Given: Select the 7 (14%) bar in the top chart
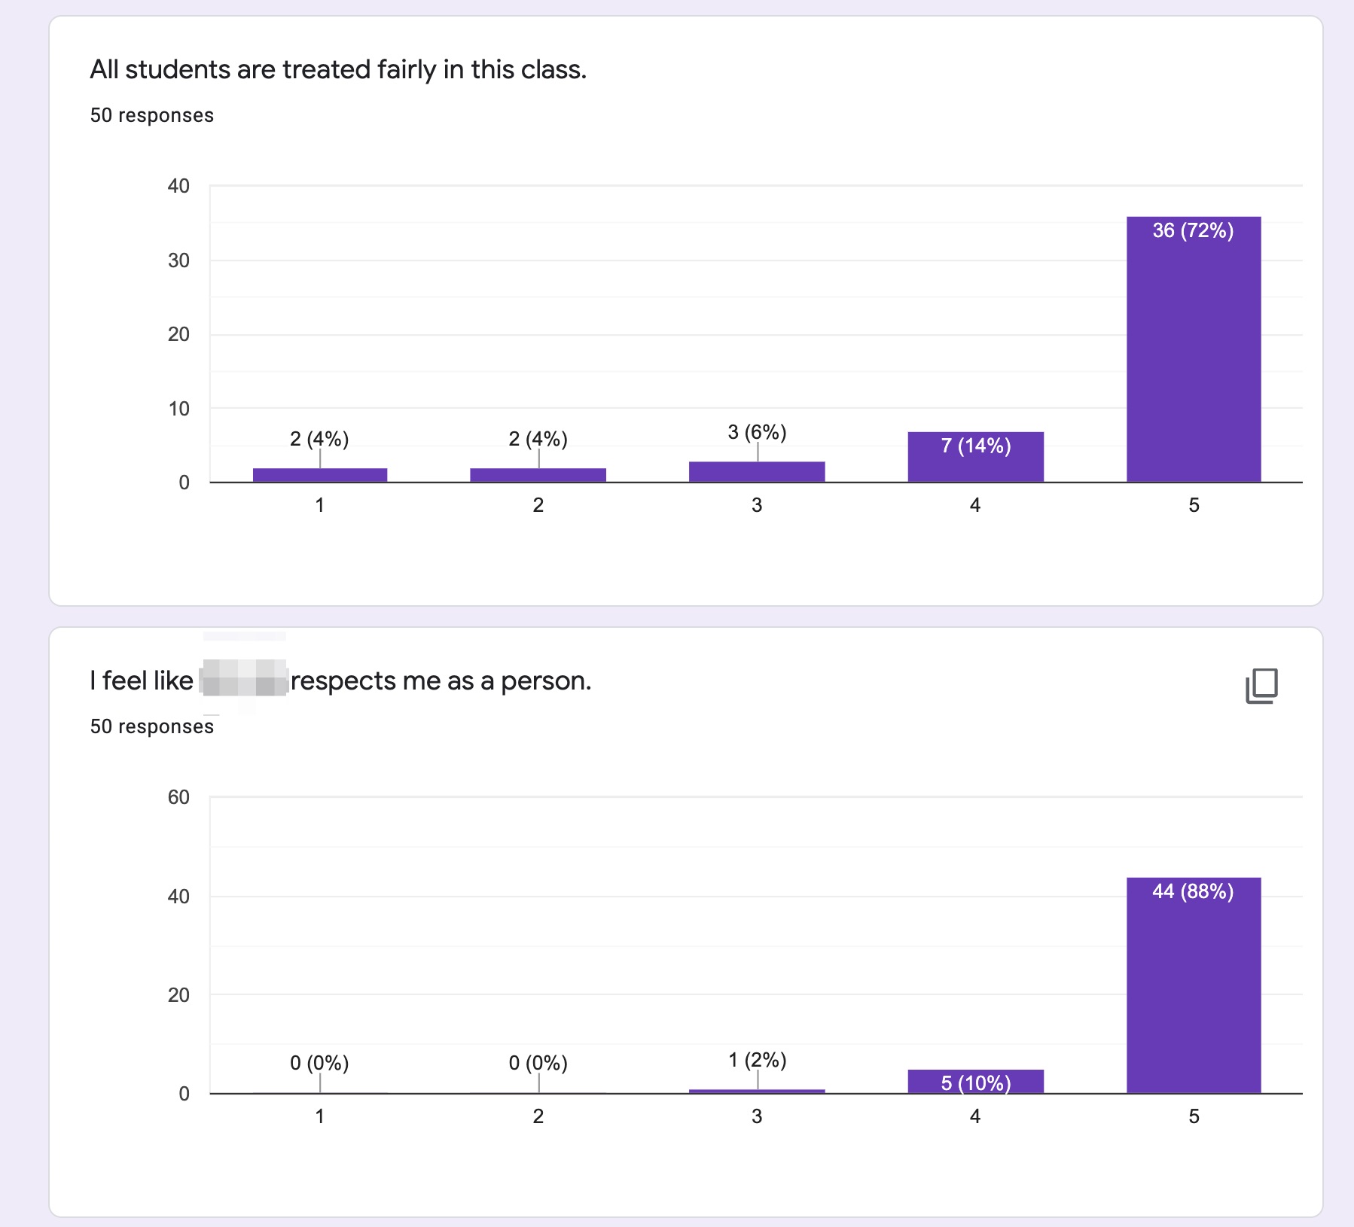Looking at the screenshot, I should point(975,457).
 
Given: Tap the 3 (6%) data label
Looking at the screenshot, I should point(757,432).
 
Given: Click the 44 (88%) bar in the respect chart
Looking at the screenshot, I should point(1194,986).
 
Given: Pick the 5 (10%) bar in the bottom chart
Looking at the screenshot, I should point(975,1082).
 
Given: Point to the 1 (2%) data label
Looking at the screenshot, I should point(757,1060).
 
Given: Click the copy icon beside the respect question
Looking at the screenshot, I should point(1261,685).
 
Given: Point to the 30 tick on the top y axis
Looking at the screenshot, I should point(178,260).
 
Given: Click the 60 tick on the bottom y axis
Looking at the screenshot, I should point(178,797).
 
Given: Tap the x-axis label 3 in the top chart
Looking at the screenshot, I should point(757,505).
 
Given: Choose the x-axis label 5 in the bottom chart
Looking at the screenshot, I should point(1194,1116).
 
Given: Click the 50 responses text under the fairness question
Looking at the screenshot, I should point(151,115).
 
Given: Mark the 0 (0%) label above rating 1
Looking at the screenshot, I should point(319,1063).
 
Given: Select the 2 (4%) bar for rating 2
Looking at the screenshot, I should point(538,475).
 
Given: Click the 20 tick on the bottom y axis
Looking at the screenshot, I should point(178,995).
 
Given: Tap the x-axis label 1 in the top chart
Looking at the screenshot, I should point(319,505).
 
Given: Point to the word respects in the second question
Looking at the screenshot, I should point(343,681).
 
